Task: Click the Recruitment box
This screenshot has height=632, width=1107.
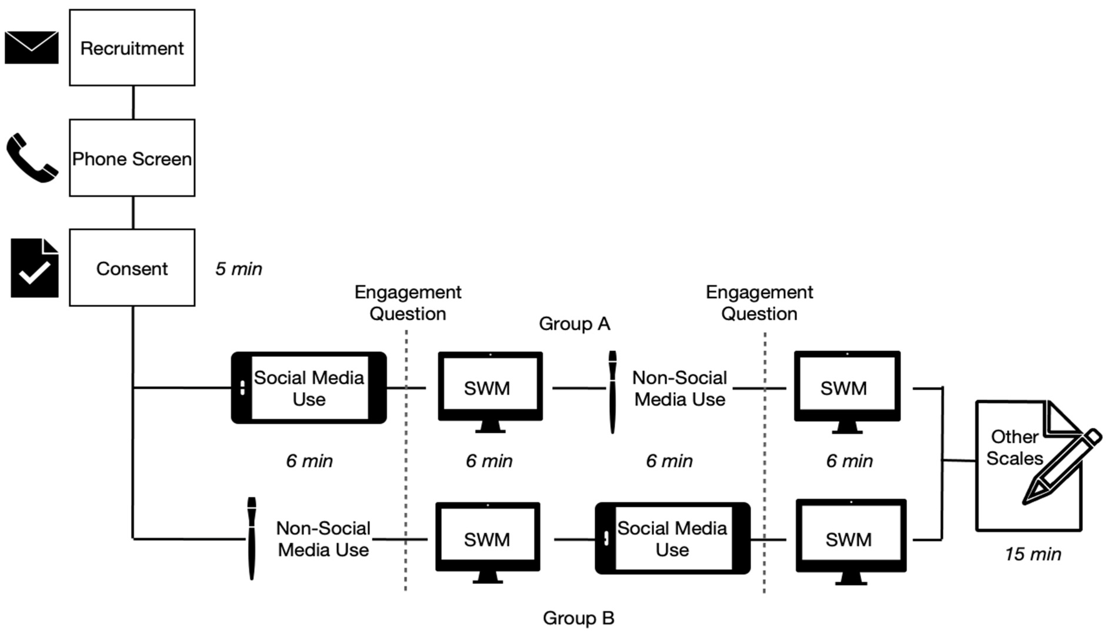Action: (x=132, y=48)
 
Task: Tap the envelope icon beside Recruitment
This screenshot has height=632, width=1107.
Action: (x=32, y=47)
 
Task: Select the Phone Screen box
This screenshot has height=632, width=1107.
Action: (x=132, y=158)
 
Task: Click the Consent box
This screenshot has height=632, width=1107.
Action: (x=132, y=268)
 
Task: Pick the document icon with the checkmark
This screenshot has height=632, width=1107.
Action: (x=34, y=268)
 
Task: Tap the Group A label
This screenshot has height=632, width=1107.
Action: (x=574, y=324)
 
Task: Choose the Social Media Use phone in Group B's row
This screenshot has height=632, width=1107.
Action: (x=672, y=538)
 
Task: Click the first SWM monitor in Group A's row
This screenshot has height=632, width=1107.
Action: (x=490, y=392)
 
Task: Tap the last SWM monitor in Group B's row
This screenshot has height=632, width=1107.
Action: (x=851, y=542)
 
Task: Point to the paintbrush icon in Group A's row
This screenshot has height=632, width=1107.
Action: (x=612, y=392)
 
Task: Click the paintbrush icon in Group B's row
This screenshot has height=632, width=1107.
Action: (x=251, y=538)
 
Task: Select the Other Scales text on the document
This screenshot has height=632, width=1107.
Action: (x=1014, y=447)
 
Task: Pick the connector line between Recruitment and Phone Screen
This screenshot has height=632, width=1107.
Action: (x=133, y=102)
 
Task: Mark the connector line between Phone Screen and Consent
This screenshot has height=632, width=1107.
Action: (x=133, y=213)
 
